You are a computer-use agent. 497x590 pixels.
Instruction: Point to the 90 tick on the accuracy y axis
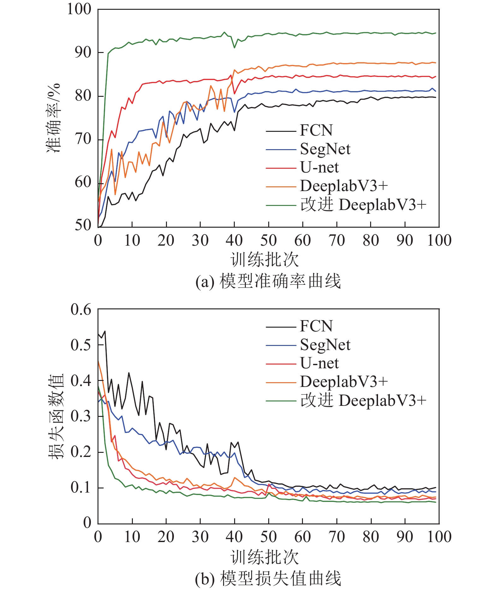tap(83, 52)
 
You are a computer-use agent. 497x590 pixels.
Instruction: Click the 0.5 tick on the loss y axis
tap(81, 345)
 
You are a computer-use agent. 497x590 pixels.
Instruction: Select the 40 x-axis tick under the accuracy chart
tap(234, 241)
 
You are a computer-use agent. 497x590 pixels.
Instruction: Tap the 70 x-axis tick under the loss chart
tap(337, 537)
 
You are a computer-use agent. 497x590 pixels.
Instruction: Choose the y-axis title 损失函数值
tap(56, 416)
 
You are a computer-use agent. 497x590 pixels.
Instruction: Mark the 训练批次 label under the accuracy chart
tap(264, 260)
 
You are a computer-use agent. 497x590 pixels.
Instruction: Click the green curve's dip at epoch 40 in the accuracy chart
tap(234, 48)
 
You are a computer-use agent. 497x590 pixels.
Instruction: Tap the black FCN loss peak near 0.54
tap(105, 331)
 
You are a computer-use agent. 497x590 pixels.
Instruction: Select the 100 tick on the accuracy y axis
tap(79, 9)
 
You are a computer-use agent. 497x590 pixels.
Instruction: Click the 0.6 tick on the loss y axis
tap(81, 309)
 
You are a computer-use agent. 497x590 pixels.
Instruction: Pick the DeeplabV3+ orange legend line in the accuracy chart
tap(281, 187)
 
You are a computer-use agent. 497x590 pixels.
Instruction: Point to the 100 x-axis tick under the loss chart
tap(439, 537)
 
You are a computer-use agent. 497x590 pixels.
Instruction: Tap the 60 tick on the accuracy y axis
tap(83, 182)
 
